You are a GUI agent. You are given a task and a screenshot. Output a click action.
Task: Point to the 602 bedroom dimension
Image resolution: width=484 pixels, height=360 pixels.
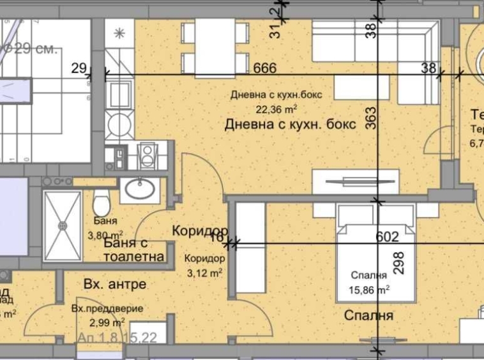387,237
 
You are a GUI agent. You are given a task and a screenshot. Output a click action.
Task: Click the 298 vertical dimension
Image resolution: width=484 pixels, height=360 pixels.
399,262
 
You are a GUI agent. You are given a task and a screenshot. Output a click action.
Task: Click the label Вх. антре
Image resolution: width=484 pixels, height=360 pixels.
115,284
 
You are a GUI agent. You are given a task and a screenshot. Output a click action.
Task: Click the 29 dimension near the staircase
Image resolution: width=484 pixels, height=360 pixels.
79,68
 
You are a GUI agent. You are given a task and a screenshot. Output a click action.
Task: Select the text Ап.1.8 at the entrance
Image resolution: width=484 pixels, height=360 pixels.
97,338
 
